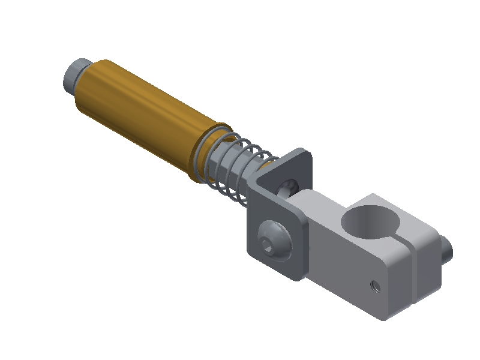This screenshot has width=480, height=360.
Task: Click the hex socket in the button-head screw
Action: tap(269, 242)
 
